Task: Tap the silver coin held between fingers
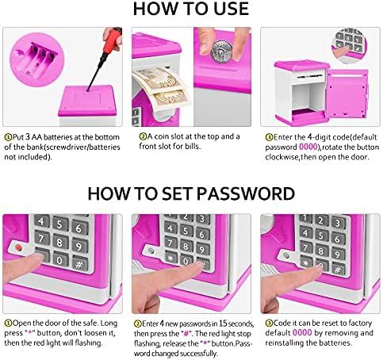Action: [221, 52]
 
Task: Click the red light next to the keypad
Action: [18, 247]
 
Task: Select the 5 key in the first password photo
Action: [59, 224]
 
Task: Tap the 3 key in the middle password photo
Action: [203, 219]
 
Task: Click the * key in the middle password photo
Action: [170, 257]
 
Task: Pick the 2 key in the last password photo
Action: [321, 220]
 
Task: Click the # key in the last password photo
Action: [338, 270]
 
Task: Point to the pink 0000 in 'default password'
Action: [308, 147]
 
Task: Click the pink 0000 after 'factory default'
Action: [302, 332]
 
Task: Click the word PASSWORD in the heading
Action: [246, 193]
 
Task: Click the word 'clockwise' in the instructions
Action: [282, 157]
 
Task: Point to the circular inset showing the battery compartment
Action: [37, 59]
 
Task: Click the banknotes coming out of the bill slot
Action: [161, 86]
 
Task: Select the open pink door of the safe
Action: [347, 94]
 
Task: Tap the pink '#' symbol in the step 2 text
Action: [186, 333]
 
